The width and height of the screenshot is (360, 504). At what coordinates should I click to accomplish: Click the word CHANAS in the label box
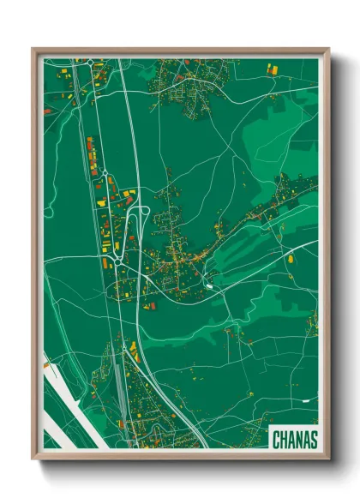click(294, 440)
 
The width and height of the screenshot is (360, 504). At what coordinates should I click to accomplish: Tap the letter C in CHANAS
click(276, 440)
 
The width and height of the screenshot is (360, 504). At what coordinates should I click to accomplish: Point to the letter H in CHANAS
click(283, 440)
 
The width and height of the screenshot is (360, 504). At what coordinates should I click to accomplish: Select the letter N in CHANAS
click(297, 440)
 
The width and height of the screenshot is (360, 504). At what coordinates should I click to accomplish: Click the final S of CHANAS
click(313, 440)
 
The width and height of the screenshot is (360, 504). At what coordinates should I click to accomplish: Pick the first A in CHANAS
click(291, 440)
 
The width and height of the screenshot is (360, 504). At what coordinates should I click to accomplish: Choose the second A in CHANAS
click(305, 440)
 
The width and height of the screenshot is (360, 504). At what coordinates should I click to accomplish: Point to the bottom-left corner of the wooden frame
click(33, 459)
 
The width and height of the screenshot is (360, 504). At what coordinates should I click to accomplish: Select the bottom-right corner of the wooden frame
click(329, 459)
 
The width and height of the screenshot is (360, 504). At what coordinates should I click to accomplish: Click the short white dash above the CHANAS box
click(304, 399)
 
